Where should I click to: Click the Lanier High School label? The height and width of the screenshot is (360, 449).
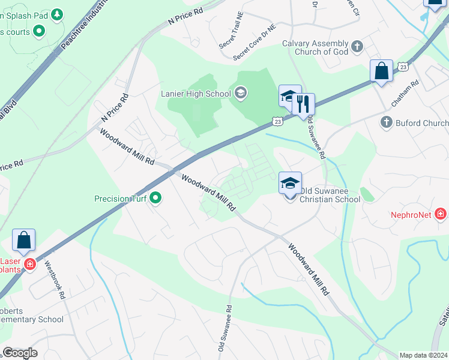tap(196, 93)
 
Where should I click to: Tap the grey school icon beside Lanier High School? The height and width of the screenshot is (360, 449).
tap(241, 92)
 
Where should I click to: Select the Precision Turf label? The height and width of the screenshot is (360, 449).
tap(121, 198)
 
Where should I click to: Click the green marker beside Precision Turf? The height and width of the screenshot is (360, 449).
tap(156, 197)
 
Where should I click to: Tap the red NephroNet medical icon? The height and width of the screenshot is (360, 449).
tap(441, 214)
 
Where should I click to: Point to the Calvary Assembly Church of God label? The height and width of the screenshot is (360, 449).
tap(315, 47)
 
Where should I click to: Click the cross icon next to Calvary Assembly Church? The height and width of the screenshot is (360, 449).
tap(357, 46)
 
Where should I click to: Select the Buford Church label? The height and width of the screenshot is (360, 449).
tap(422, 124)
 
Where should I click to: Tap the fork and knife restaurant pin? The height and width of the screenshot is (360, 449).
tap(303, 103)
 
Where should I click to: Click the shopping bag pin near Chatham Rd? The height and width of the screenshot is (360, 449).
tap(381, 71)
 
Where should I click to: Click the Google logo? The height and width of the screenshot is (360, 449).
tap(20, 353)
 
